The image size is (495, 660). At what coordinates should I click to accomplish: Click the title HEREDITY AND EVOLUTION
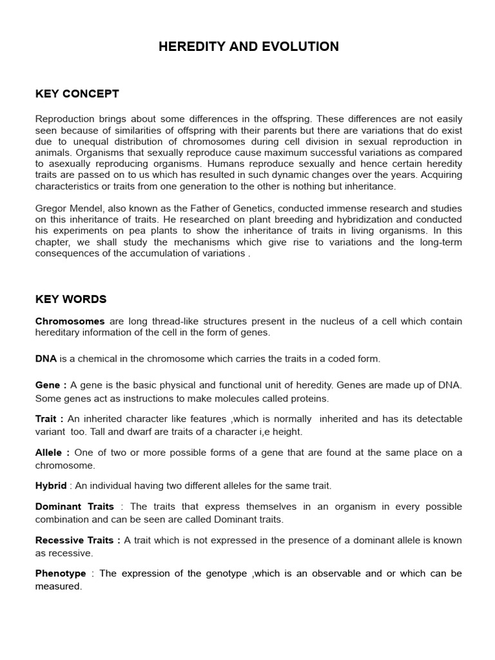248,46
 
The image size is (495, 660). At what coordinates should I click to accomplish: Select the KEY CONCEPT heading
77,94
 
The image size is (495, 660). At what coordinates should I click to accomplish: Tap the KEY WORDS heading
70,299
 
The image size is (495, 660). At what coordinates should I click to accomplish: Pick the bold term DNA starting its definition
46,358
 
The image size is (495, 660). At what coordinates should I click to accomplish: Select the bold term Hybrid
50,485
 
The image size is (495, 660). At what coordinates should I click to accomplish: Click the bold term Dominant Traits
74,507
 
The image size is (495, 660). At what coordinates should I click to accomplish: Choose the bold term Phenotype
60,574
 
